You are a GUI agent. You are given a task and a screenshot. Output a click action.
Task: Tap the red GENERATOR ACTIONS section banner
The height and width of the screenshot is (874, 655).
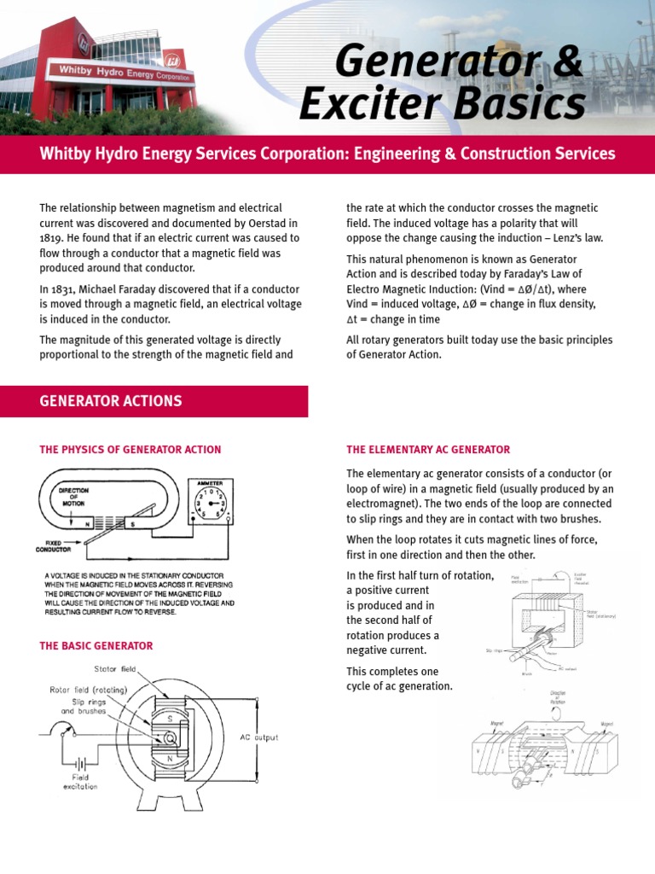tap(154, 400)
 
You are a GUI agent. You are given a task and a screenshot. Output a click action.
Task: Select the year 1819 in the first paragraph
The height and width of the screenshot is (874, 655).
tap(54, 237)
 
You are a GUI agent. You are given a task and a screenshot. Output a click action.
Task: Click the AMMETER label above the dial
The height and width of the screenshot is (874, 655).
tap(210, 484)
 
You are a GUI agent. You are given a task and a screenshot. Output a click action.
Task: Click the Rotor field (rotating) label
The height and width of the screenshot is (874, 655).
tap(88, 689)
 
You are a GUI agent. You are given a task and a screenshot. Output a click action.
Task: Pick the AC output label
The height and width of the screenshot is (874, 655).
tap(259, 737)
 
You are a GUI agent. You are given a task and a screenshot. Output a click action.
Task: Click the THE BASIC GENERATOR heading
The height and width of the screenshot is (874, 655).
tap(96, 646)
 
